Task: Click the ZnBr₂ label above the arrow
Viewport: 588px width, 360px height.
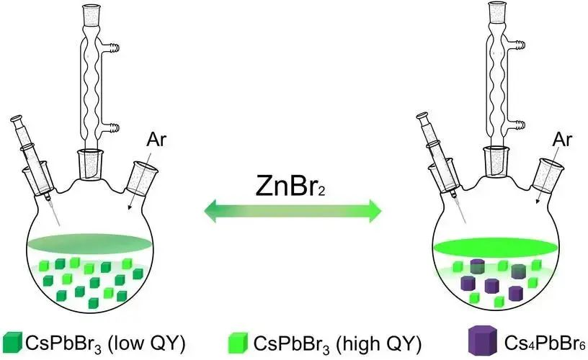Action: point(290,186)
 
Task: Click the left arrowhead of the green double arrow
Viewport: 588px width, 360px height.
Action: point(210,211)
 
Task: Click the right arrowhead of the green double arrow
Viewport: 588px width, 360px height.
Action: point(375,211)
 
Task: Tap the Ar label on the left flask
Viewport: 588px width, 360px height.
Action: point(156,140)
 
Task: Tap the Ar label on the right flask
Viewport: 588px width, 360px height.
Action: point(562,140)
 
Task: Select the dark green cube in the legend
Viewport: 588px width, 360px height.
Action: point(12,342)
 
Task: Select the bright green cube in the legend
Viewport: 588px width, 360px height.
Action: point(238,343)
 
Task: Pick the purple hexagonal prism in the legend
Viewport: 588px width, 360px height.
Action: point(483,340)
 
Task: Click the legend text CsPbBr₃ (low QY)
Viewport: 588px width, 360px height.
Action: point(105,343)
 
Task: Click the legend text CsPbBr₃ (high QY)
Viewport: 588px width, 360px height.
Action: point(337,343)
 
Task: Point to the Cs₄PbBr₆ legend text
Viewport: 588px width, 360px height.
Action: point(545,343)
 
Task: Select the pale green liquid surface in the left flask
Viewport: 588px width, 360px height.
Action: point(89,243)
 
